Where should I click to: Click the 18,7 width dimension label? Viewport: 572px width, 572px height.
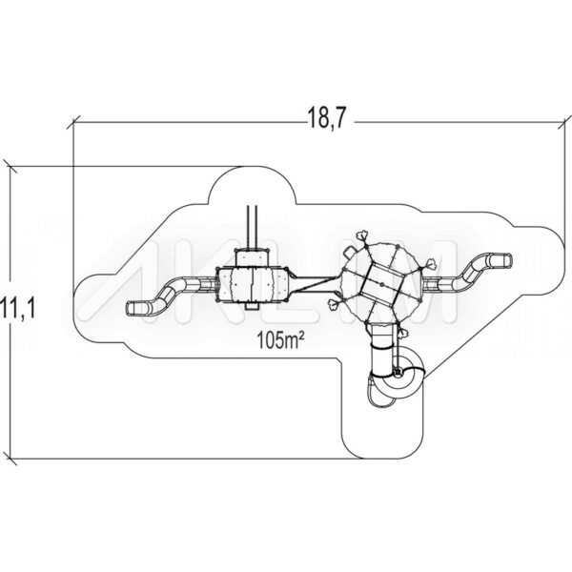(326, 118)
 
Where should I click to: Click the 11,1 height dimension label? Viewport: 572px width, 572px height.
(17, 307)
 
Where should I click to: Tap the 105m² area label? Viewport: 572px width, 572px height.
(280, 340)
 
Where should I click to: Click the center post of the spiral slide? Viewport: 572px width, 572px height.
(398, 372)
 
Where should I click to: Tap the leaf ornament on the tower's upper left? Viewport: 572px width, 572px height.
(361, 236)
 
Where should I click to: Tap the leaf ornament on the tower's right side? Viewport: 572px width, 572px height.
(432, 263)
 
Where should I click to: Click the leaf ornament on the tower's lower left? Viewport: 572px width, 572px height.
(335, 303)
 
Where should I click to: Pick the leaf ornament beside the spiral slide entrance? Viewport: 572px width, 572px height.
(403, 333)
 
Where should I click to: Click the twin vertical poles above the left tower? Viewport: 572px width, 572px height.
(253, 227)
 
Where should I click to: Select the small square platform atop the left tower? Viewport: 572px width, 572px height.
(253, 258)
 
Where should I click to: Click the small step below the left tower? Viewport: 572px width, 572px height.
(252, 306)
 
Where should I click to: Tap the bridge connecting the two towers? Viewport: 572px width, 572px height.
(315, 284)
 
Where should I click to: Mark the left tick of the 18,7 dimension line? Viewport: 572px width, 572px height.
(73, 123)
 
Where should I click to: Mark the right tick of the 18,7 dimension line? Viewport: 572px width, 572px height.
(564, 123)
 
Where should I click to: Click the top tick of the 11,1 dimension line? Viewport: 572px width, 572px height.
(10, 167)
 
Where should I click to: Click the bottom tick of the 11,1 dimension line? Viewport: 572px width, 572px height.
(10, 459)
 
